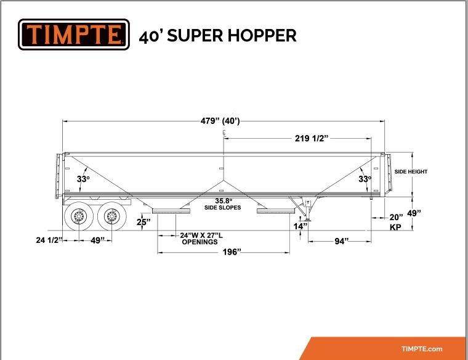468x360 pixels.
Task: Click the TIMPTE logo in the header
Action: click(74, 35)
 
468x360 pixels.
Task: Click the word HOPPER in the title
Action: click(262, 35)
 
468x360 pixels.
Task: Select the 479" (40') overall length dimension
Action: click(220, 121)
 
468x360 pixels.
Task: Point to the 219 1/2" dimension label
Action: click(312, 138)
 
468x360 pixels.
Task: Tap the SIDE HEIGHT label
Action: click(411, 172)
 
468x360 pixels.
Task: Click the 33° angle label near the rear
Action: click(83, 179)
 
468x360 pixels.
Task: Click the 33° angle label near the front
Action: click(365, 179)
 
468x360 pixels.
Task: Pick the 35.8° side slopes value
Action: click(224, 201)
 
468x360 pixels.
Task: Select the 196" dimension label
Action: click(232, 252)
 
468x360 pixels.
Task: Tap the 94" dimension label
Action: click(341, 241)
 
